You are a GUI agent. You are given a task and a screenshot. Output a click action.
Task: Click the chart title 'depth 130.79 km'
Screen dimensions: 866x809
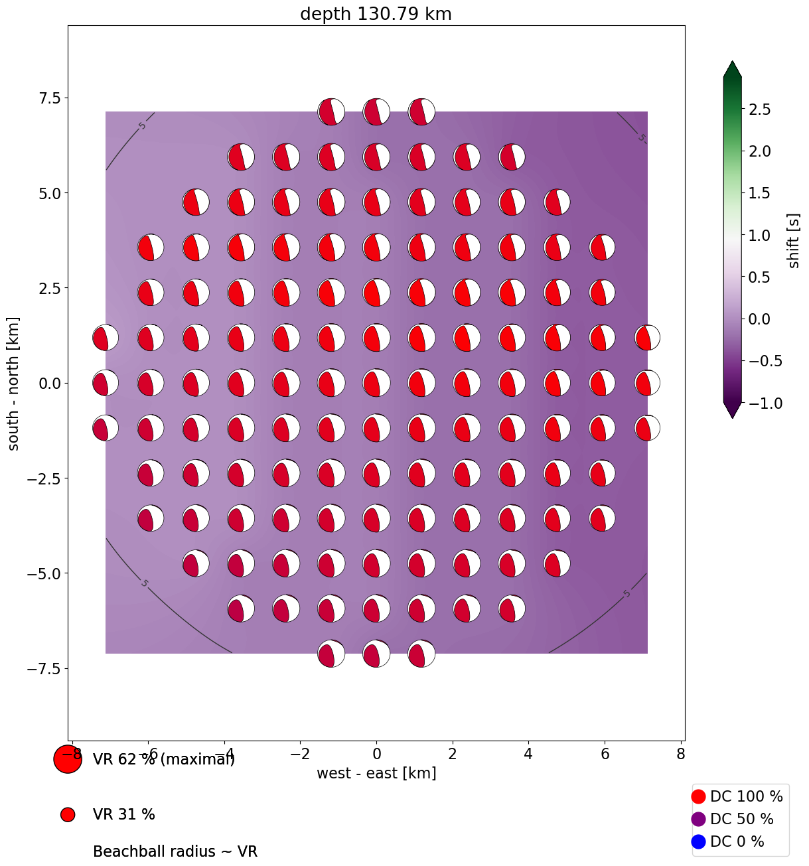pos(376,14)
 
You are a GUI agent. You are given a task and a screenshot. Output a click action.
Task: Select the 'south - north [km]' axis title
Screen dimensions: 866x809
pos(14,384)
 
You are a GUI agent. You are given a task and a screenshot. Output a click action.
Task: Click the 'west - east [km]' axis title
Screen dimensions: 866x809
pos(376,773)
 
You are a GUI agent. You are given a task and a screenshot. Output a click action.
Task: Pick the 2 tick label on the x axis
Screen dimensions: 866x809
pos(453,754)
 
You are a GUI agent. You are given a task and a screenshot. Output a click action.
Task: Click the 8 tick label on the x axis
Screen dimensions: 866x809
pos(681,754)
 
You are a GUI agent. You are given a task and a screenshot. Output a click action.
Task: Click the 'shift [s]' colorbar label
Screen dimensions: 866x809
pos(794,241)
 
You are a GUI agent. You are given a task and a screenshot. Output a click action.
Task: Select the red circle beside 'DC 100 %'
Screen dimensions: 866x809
pos(698,796)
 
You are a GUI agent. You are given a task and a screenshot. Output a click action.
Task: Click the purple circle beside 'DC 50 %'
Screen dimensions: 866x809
pos(698,819)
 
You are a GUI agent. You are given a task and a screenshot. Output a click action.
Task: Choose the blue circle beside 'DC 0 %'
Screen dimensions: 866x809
pos(698,841)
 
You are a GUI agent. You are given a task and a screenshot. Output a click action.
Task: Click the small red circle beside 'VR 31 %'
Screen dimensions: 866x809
pos(67,815)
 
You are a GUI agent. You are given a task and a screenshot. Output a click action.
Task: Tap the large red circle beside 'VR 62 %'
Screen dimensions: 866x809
pos(67,759)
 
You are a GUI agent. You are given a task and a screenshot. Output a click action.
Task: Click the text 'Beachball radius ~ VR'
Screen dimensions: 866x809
pos(175,851)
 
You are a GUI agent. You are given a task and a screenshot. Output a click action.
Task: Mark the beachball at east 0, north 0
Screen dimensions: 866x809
pos(376,383)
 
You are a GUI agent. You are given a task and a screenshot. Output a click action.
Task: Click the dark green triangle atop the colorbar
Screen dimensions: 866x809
pos(732,70)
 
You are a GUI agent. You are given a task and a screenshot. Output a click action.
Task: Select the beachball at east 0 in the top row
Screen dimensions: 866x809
pos(376,111)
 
